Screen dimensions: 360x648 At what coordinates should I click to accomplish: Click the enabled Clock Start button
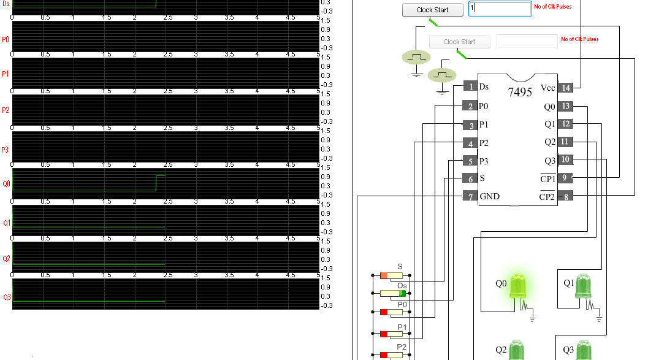coord(432,10)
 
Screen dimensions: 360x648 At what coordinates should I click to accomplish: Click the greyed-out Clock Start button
coord(459,42)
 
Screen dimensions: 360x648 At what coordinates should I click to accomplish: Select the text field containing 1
coord(500,9)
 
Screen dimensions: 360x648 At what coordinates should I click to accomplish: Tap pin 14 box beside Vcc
coord(565,88)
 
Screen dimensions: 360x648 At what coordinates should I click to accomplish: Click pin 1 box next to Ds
coord(470,87)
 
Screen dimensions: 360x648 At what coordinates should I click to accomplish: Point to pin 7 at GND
coord(470,196)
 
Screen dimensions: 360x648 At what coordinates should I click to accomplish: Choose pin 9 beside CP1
coord(565,178)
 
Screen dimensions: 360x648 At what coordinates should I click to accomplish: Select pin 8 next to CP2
coord(565,196)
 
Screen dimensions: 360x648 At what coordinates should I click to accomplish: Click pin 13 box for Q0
coord(565,106)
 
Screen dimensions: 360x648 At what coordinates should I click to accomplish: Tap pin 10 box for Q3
coord(565,160)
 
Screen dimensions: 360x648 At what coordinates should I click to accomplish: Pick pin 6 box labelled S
coord(470,178)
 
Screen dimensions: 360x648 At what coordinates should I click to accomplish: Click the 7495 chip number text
coord(520,93)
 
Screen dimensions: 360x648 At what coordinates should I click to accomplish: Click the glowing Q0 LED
coord(517,286)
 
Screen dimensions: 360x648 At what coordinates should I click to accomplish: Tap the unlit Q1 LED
coord(583,286)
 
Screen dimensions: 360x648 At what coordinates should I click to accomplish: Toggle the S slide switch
coord(391,275)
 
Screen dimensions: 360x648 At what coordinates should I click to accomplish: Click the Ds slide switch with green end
coord(391,294)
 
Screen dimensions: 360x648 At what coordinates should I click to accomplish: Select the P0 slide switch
coord(391,312)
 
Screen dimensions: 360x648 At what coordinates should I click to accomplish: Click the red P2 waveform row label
coord(6,110)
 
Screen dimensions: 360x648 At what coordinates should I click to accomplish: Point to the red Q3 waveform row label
coord(7,297)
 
